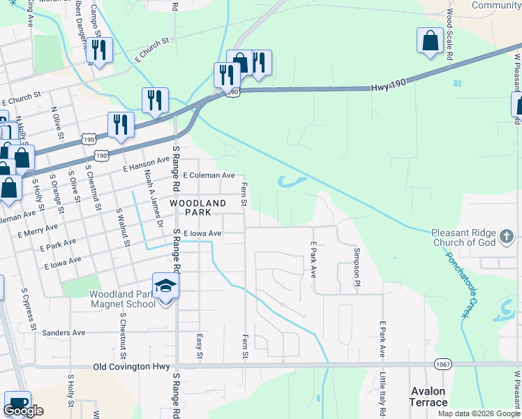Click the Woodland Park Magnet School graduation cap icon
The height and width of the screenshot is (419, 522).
165,286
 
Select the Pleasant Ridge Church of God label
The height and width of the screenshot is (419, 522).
463,237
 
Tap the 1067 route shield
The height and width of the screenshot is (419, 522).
443,364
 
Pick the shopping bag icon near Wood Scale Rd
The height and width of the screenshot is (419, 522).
430,41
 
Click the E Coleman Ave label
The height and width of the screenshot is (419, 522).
209,175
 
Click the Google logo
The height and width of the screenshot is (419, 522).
23,411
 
